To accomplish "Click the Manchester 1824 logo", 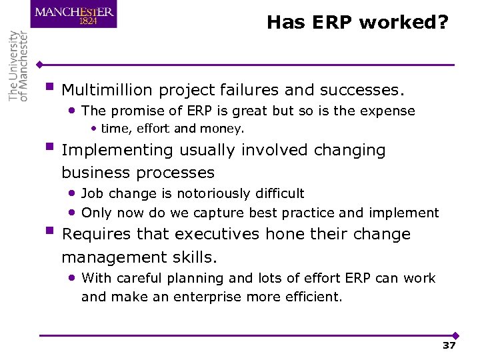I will click(73, 14).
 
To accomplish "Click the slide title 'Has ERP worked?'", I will click(358, 23).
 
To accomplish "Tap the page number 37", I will click(449, 345).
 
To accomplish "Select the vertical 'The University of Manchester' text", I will click(19, 65).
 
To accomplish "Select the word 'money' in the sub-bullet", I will click(225, 129).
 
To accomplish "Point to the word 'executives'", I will click(217, 235).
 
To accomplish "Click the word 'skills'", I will click(195, 257).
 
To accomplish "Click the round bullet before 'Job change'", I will click(72, 193).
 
